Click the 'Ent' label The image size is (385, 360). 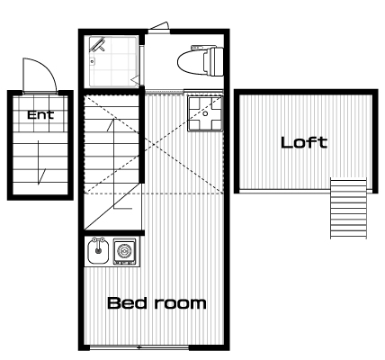(40, 114)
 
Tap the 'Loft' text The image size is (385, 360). (304, 142)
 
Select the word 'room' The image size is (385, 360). (181, 304)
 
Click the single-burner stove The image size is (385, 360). (124, 251)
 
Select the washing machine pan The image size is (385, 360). (205, 113)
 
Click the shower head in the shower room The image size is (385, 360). (98, 45)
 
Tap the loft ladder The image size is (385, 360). (348, 208)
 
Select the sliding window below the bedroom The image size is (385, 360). (139, 347)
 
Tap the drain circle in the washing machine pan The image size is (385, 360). (205, 113)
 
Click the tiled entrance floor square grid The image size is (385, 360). (41, 113)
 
